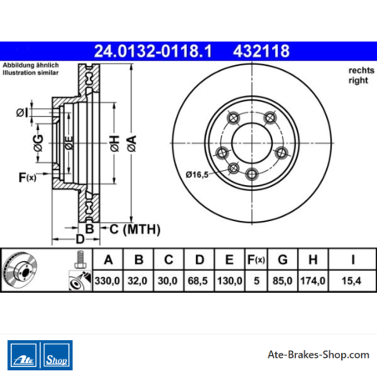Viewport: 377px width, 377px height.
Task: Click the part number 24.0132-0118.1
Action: [153, 51]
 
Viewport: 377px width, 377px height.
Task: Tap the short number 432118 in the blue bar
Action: [261, 51]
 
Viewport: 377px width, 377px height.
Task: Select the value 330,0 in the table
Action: [108, 281]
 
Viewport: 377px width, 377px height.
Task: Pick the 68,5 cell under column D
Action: [198, 281]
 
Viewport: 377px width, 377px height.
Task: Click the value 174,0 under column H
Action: [313, 281]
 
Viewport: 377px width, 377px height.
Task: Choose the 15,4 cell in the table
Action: [351, 281]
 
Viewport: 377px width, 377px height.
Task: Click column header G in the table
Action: [283, 259]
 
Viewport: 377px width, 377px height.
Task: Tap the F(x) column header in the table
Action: [256, 259]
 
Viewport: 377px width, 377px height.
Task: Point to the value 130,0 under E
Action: [229, 281]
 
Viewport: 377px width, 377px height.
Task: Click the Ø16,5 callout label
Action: [197, 174]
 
